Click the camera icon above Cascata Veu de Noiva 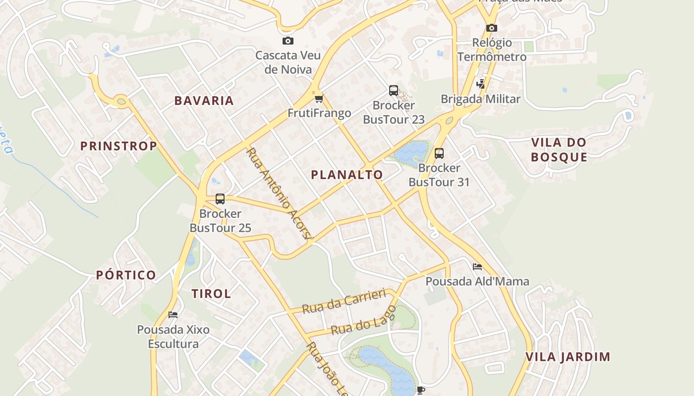(x=288, y=41)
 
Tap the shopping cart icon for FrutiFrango (x=319, y=99)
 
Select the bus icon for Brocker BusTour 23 (x=394, y=91)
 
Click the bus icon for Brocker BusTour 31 (x=439, y=153)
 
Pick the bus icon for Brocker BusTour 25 (x=220, y=199)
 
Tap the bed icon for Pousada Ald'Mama (x=477, y=267)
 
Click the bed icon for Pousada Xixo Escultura (x=173, y=314)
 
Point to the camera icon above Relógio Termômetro (x=491, y=28)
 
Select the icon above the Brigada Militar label (x=480, y=84)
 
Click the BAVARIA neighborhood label (x=204, y=100)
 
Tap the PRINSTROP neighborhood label (x=118, y=146)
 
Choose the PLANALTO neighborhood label (x=347, y=174)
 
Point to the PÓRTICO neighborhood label (x=126, y=275)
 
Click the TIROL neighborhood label (x=211, y=294)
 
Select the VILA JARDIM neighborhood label (x=568, y=357)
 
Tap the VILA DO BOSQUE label (x=559, y=150)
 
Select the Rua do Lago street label (x=363, y=320)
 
